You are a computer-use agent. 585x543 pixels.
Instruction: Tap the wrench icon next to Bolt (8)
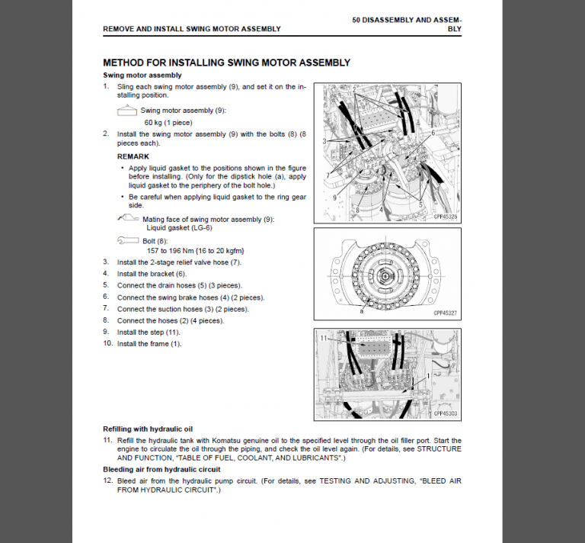click(x=128, y=240)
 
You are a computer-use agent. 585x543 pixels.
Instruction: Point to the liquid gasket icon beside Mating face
click(x=129, y=219)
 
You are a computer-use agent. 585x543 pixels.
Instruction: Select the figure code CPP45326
click(x=446, y=217)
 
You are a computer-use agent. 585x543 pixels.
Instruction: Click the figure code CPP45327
click(x=446, y=313)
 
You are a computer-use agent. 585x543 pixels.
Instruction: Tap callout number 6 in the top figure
click(x=433, y=133)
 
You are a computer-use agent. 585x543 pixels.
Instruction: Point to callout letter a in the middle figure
click(x=362, y=311)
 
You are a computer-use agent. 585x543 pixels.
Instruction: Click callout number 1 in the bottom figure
click(x=428, y=376)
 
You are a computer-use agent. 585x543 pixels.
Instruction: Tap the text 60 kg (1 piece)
click(x=168, y=122)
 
